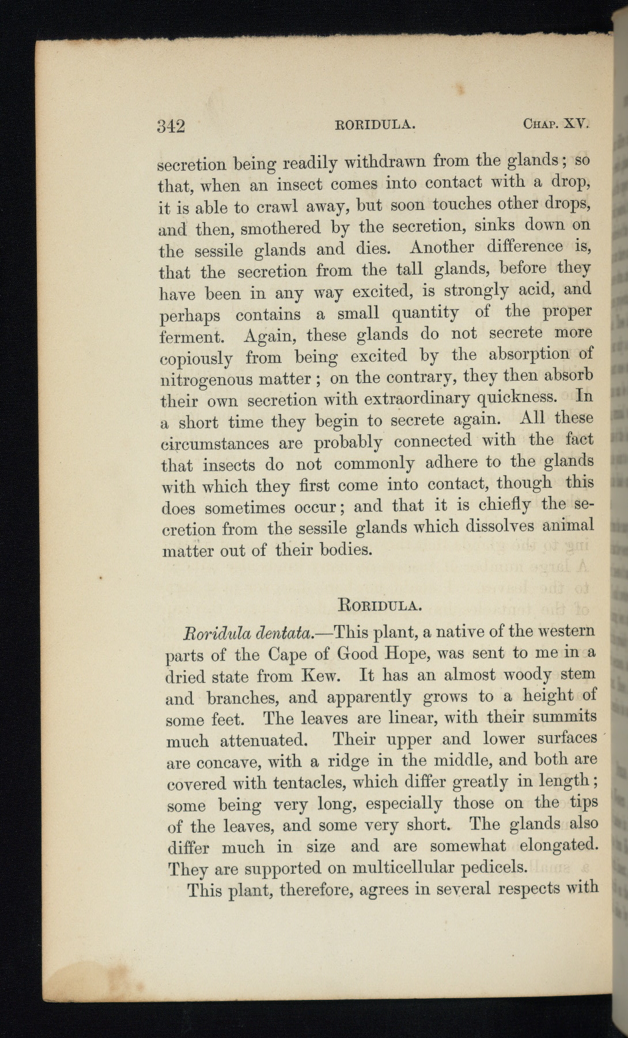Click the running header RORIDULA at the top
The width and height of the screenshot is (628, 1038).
tap(375, 124)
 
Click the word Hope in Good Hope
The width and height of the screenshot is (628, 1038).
tap(384, 653)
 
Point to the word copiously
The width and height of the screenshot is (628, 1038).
tap(196, 358)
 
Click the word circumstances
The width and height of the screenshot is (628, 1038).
tap(214, 444)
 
